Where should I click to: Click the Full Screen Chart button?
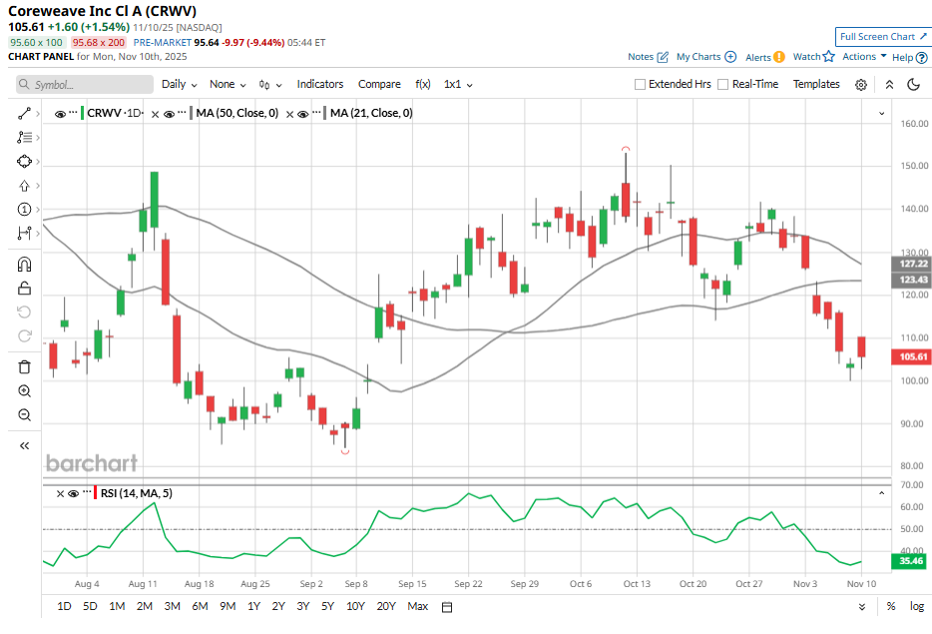coord(883,37)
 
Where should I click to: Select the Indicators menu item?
coord(319,85)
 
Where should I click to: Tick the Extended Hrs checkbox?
coord(641,85)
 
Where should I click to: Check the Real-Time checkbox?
coord(723,85)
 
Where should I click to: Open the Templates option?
coord(816,85)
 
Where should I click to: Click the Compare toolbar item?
coord(379,85)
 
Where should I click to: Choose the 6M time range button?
coord(200,606)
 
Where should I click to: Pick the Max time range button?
coord(418,606)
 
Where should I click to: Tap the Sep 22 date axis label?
coord(469,584)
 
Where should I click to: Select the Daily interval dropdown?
coord(179,85)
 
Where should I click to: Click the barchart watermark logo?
coord(92,463)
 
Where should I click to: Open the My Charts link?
coord(705,57)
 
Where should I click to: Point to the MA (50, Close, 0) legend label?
coord(236,113)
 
